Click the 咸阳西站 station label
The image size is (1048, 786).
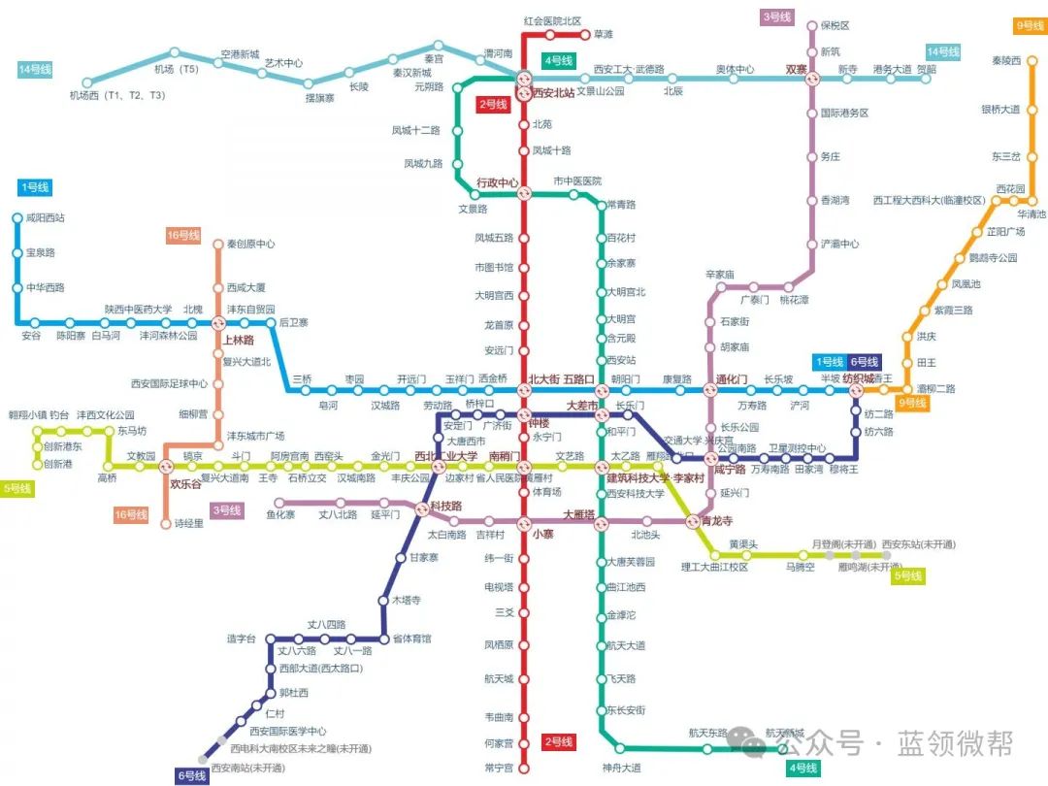click(46, 218)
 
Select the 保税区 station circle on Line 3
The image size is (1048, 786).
click(813, 26)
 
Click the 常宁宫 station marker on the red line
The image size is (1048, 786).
click(524, 768)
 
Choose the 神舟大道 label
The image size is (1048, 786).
click(621, 768)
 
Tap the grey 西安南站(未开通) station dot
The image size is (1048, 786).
click(204, 758)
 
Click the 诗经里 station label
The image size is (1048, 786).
click(188, 524)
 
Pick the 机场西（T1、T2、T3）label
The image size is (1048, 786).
click(116, 95)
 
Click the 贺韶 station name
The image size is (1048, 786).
click(925, 69)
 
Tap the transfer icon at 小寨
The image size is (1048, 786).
click(524, 521)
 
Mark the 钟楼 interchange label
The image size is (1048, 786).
click(539, 423)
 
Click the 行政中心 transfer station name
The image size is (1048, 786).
click(498, 182)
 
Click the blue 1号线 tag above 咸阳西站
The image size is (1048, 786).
click(34, 187)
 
